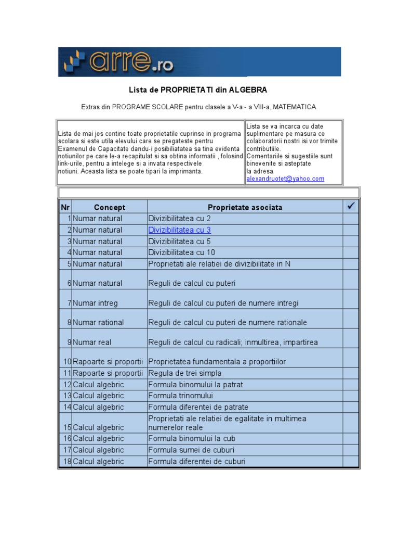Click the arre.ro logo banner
[199, 62]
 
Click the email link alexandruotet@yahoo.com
[285, 179]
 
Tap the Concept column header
[110, 207]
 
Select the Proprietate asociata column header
[245, 207]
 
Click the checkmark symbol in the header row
[350, 207]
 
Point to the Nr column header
[65, 207]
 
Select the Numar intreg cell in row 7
[95, 303]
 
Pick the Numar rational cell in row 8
[98, 323]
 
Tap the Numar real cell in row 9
[92, 342]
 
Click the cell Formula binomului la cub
[192, 439]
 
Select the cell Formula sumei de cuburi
[191, 450]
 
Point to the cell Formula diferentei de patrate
[198, 407]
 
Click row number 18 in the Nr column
[67, 462]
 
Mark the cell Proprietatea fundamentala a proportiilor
[217, 362]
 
